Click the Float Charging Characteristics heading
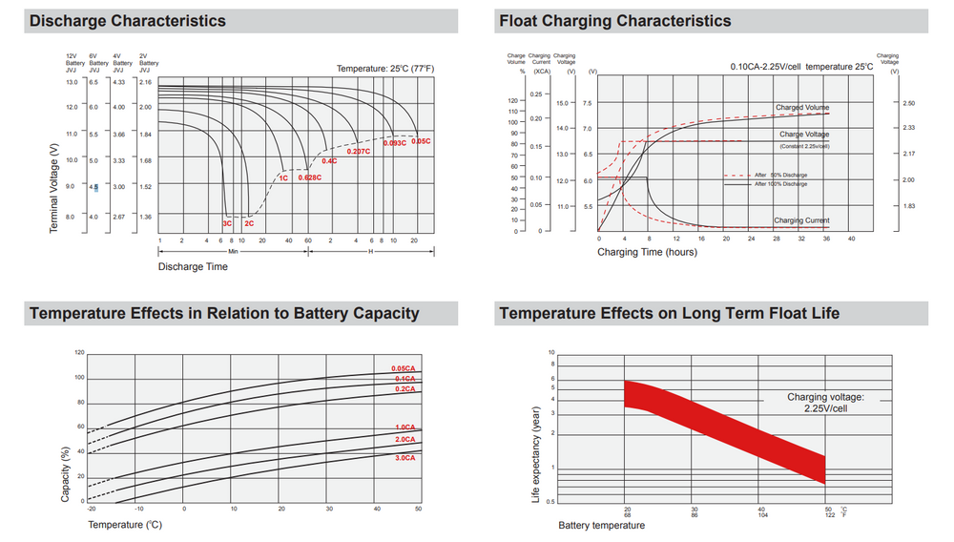tap(615, 21)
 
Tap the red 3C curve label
tap(227, 222)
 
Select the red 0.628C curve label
tap(309, 177)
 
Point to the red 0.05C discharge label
tap(421, 141)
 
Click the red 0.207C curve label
tap(358, 152)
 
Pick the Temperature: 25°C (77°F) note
tap(385, 69)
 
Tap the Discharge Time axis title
tap(193, 267)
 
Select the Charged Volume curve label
tap(802, 108)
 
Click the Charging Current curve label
tap(801, 220)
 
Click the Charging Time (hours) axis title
tap(647, 252)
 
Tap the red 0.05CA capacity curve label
tap(404, 369)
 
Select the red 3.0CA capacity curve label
tap(404, 458)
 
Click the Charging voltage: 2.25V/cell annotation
tap(825, 402)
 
